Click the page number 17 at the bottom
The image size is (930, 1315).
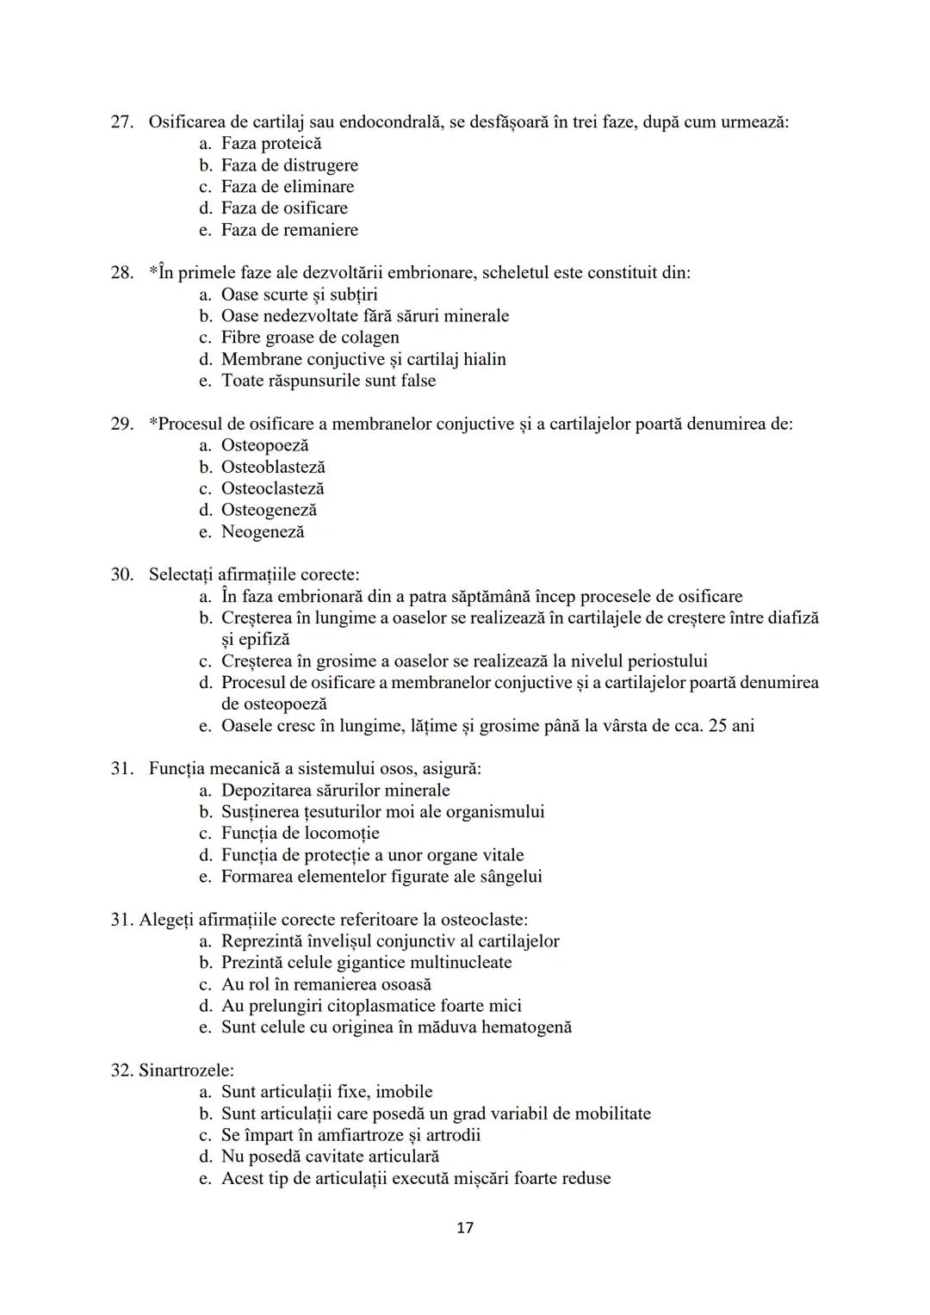tap(464, 1227)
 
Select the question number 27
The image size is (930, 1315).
tap(121, 122)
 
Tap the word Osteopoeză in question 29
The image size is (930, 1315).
tap(264, 445)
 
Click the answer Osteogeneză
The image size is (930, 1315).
tap(269, 510)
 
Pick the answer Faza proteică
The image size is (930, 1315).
tap(270, 144)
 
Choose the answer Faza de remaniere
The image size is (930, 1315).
tap(289, 230)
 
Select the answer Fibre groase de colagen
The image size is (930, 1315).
tap(310, 338)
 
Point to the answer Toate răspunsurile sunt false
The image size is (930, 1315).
tap(328, 381)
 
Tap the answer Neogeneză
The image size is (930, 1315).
tap(263, 531)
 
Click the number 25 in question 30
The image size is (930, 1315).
tap(717, 725)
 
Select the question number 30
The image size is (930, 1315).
tap(121, 574)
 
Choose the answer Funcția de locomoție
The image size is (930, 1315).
tap(300, 833)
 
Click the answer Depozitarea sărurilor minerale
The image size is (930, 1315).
tap(335, 790)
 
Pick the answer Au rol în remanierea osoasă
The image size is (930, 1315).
tap(326, 984)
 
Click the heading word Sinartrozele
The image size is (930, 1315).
tap(185, 1070)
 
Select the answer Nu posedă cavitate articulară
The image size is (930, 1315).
tap(330, 1157)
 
